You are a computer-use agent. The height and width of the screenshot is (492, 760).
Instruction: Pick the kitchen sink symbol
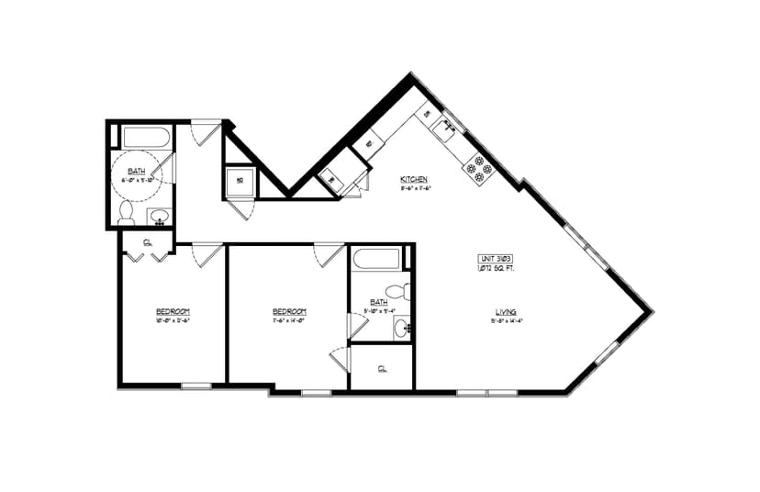click(448, 127)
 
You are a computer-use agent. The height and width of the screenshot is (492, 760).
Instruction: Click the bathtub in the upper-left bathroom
click(146, 139)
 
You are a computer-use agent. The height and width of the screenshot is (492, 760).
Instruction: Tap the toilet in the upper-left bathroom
click(127, 214)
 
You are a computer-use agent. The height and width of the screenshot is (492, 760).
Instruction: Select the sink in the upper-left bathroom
click(159, 218)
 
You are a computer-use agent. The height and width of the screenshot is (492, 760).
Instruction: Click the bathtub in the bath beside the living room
click(377, 259)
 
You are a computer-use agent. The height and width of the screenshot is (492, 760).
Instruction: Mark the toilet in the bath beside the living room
click(396, 292)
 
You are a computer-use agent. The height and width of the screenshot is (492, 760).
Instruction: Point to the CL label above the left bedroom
click(148, 242)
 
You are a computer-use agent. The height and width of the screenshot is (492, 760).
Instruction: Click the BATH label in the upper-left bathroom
click(136, 172)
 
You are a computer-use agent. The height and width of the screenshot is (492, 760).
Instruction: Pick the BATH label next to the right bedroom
click(378, 301)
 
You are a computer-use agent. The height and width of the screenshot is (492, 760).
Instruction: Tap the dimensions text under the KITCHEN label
click(415, 188)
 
